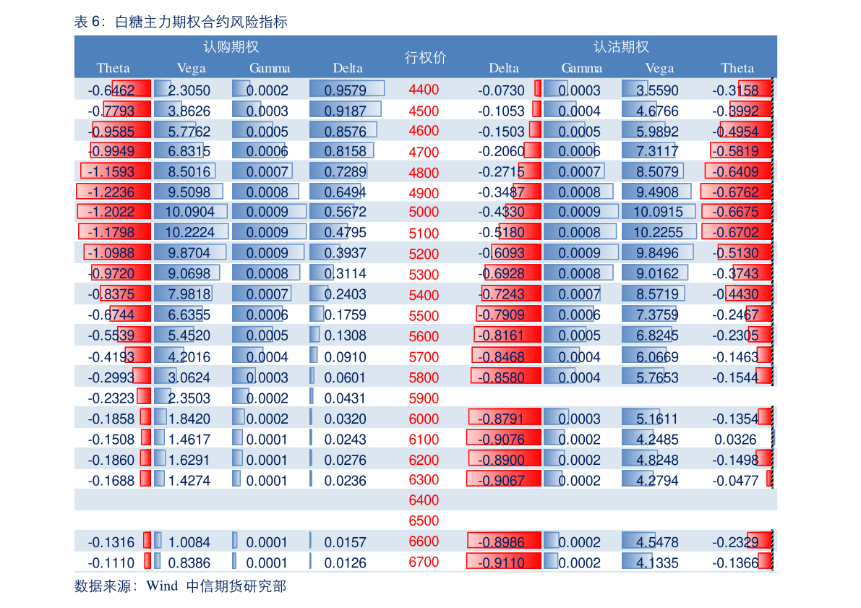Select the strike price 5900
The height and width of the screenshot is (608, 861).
point(424,398)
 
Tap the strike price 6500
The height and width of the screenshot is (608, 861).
point(424,521)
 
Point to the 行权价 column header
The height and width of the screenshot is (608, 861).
point(425,58)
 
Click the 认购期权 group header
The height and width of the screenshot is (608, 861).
point(231,47)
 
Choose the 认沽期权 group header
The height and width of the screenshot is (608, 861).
point(621,47)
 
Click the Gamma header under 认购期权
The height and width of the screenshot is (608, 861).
point(270,69)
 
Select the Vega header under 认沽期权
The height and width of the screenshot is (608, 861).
point(659,69)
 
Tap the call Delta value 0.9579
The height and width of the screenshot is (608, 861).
point(345,90)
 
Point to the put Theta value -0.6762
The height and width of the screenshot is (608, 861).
point(735,192)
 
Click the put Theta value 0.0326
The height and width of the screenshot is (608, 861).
point(735,440)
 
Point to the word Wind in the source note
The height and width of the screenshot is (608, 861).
point(162,586)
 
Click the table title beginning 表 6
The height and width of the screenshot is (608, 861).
point(181,22)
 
